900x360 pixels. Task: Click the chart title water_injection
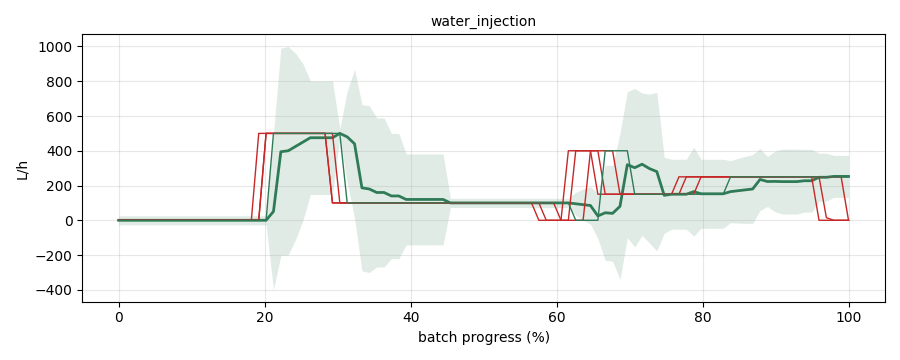pyautogui.click(x=483, y=21)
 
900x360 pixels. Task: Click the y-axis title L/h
pyautogui.click(x=22, y=169)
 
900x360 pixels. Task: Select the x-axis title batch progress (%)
pyautogui.click(x=483, y=338)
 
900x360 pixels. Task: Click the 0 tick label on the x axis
pyautogui.click(x=119, y=316)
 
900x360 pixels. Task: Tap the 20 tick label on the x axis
pyautogui.click(x=265, y=316)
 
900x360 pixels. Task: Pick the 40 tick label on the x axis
pyautogui.click(x=411, y=316)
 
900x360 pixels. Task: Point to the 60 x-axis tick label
pyautogui.click(x=557, y=316)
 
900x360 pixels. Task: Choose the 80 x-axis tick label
pyautogui.click(x=703, y=316)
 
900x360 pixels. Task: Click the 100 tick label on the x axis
pyautogui.click(x=849, y=316)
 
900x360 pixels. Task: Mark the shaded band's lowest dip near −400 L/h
pyautogui.click(x=274, y=288)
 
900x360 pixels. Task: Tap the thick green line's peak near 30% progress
pyautogui.click(x=340, y=133)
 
